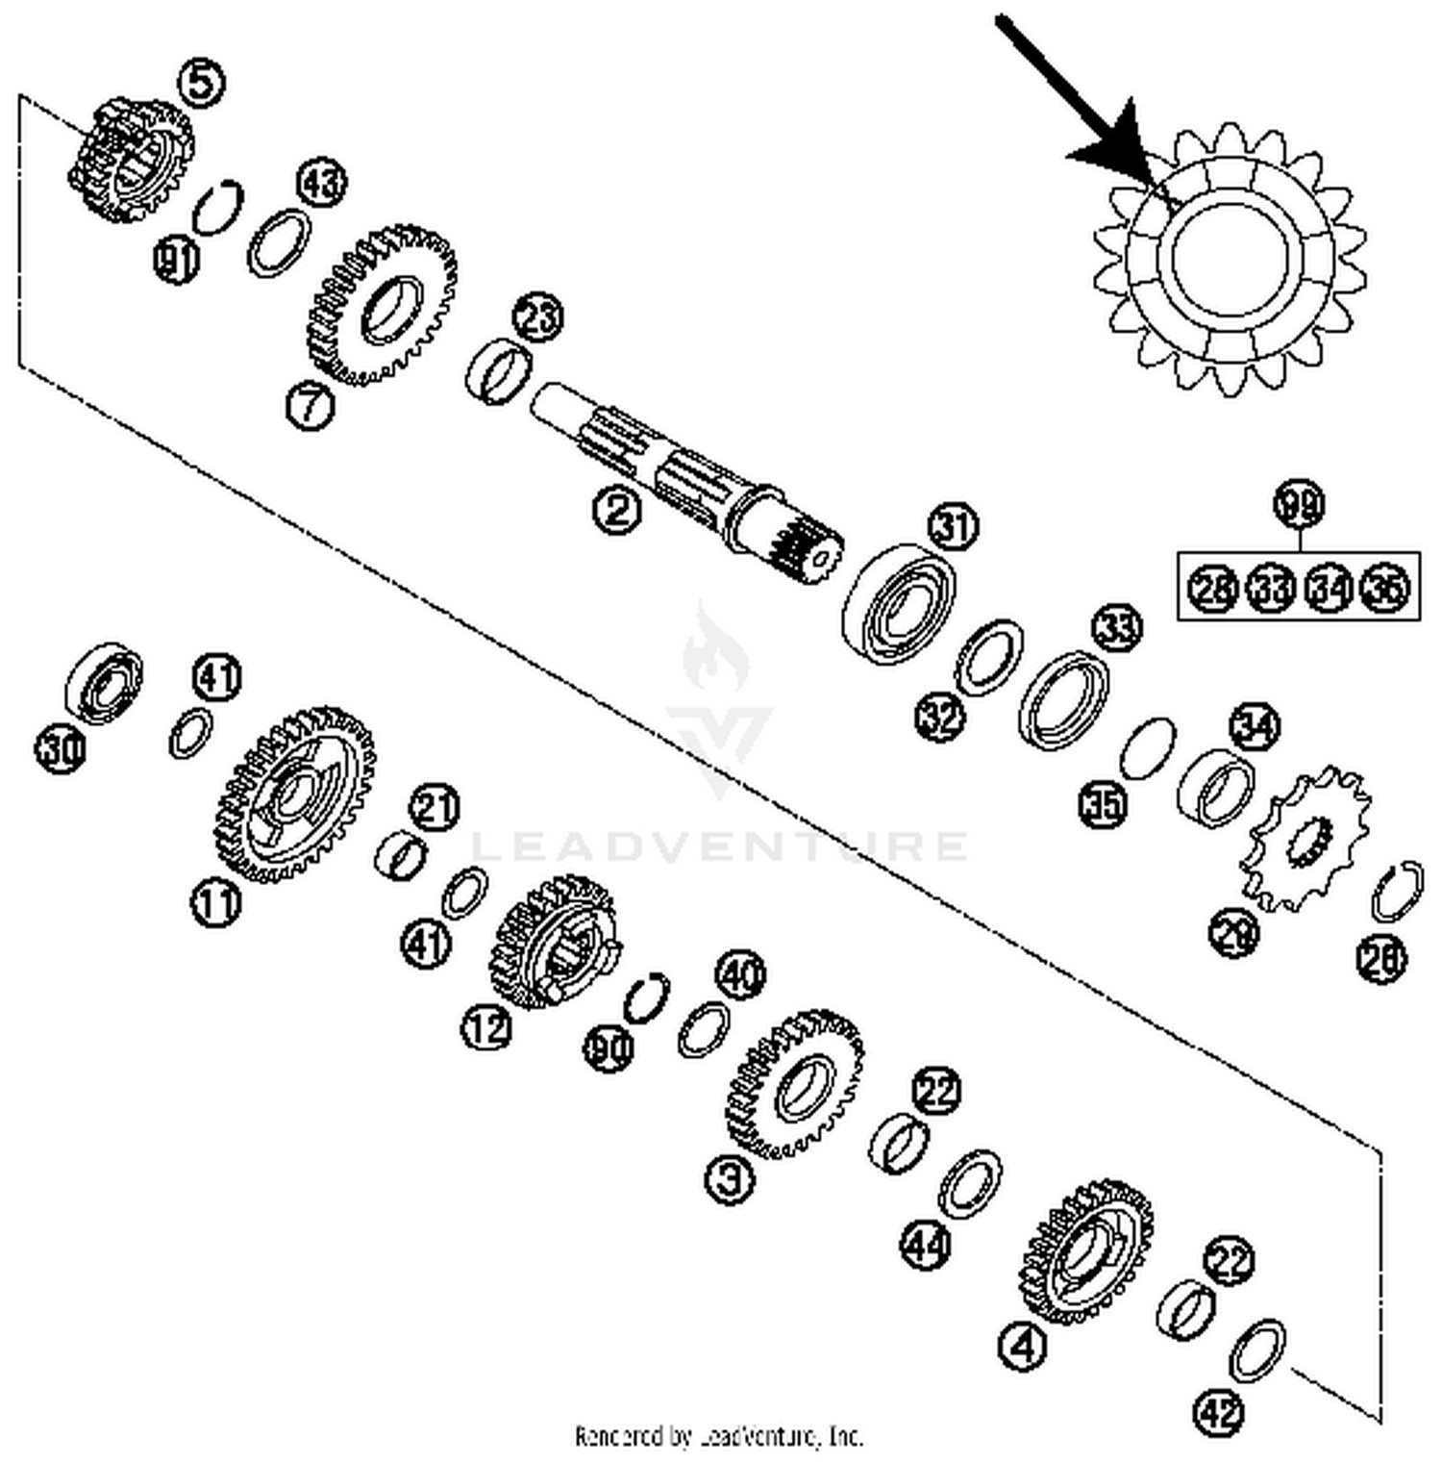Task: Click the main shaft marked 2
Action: pos(673,471)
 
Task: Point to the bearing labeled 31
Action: pos(900,606)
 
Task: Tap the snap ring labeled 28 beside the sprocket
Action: pos(1395,890)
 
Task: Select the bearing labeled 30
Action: pos(104,683)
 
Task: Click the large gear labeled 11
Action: pos(293,794)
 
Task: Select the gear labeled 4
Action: pos(1086,1250)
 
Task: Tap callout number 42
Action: pos(1218,1412)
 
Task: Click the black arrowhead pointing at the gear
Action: pos(1115,144)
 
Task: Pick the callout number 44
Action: pos(926,1245)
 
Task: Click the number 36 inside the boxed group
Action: pos(1385,586)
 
